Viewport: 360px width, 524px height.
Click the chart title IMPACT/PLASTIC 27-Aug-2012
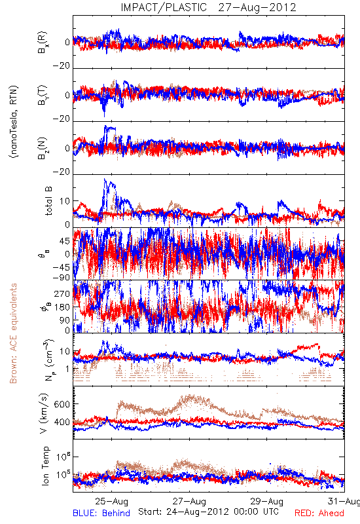pos(208,7)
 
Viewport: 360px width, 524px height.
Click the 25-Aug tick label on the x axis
pos(111,501)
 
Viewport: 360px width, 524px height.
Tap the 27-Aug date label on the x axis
pos(189,501)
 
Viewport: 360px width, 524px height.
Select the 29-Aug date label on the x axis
pos(267,501)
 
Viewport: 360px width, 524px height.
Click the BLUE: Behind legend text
pos(101,513)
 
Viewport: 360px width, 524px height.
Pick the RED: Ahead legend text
pos(319,513)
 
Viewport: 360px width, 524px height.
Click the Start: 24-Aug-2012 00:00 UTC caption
pos(208,512)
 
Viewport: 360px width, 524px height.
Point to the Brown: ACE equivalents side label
pos(13,333)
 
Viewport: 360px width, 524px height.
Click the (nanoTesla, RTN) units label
pos(14,121)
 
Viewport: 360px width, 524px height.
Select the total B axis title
pos(48,201)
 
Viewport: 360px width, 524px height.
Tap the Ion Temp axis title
pos(45,466)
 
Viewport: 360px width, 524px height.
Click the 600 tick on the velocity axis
pos(62,404)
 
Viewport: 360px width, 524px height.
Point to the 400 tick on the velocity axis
pos(62,422)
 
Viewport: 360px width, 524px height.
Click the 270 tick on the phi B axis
pos(62,293)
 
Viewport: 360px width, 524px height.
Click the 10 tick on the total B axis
pos(65,201)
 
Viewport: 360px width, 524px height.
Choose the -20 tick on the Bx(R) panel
pos(62,66)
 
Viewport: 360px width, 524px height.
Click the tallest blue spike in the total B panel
pos(105,179)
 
